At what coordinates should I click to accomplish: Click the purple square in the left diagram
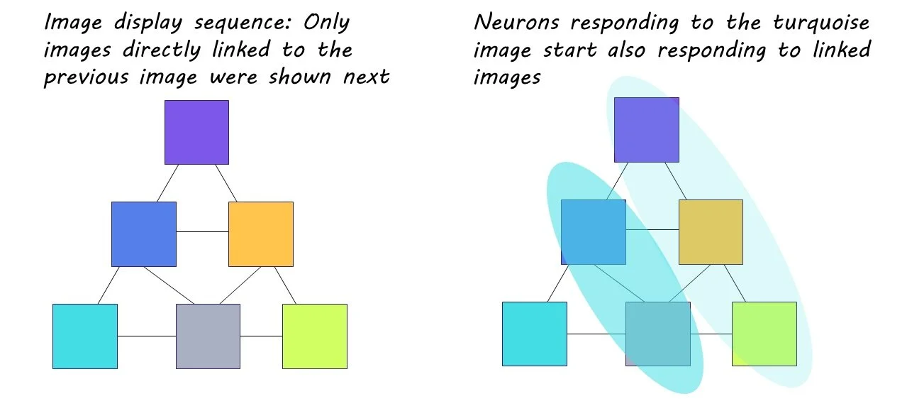click(196, 132)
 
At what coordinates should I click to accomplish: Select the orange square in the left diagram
click(260, 234)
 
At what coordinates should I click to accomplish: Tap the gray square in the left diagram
click(208, 336)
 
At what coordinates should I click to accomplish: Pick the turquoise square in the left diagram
click(85, 336)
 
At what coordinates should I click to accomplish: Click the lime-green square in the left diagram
click(314, 336)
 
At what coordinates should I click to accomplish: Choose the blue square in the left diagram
click(144, 234)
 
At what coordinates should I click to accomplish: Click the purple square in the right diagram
click(646, 130)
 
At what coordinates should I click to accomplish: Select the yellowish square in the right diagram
click(711, 231)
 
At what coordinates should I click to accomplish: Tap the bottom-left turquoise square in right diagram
click(534, 334)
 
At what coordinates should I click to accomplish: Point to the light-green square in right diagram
click(764, 334)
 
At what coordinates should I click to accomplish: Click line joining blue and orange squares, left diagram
click(202, 231)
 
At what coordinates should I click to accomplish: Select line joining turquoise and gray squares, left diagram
click(146, 336)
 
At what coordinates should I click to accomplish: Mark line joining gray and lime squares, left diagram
click(261, 336)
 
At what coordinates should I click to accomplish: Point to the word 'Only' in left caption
click(326, 22)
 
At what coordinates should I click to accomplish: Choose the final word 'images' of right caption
click(506, 76)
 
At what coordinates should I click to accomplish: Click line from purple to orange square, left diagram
click(226, 183)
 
